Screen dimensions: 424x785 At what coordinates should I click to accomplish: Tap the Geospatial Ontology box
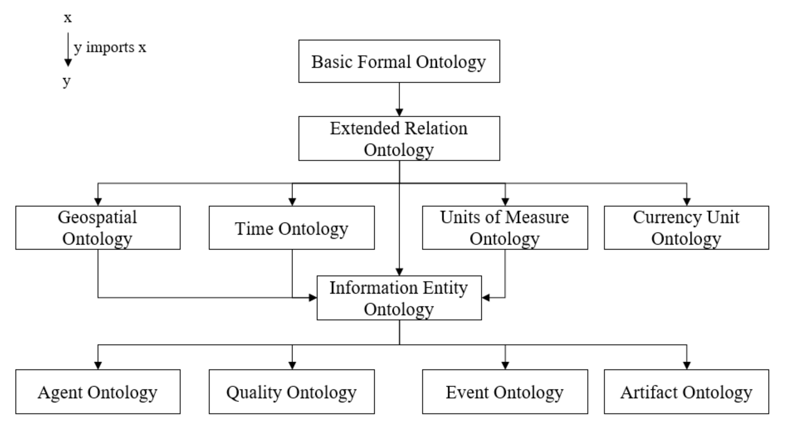[98, 228]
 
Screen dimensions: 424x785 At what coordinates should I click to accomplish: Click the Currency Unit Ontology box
[686, 228]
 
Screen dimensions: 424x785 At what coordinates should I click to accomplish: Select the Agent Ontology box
[98, 392]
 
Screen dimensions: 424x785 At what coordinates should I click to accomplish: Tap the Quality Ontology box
[291, 392]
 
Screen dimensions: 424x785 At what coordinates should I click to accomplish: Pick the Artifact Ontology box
[686, 392]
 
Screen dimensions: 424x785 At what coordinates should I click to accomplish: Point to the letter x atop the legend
[68, 18]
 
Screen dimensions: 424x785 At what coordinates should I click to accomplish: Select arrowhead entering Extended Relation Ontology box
[399, 112]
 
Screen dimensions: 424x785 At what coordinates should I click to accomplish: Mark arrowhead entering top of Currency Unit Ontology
[687, 202]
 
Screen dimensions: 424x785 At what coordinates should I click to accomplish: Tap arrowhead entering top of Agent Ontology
[98, 365]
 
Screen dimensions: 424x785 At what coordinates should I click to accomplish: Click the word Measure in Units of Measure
[537, 217]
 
